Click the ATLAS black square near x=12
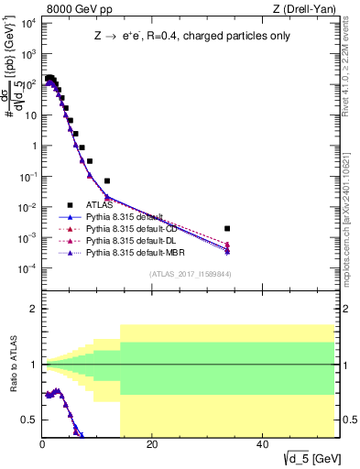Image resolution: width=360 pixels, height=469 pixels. [107, 180]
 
